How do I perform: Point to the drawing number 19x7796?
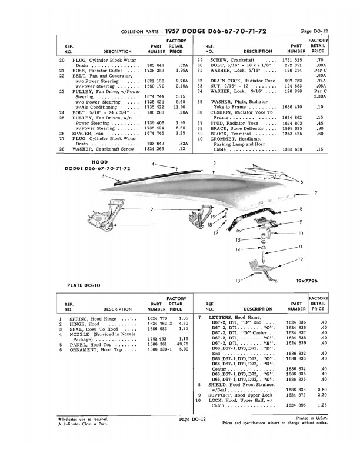click(x=301, y=280)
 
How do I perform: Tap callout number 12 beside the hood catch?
click(x=300, y=259)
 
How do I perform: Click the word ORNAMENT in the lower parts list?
click(x=86, y=350)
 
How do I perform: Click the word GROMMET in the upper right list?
click(x=226, y=138)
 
